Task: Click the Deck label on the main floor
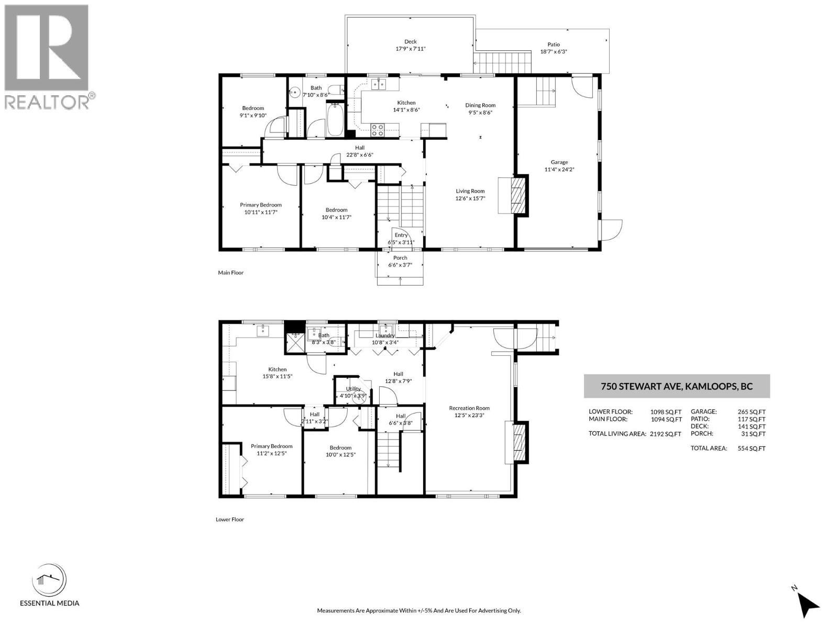(410, 42)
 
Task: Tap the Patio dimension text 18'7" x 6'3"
(554, 52)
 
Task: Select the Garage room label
(559, 162)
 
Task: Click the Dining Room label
(480, 105)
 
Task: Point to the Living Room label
(470, 191)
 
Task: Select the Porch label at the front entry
(400, 257)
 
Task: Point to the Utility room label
(353, 389)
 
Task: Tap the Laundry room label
(385, 336)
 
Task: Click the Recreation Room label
(469, 408)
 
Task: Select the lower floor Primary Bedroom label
(271, 446)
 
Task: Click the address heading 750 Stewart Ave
(676, 387)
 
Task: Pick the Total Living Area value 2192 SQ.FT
(665, 434)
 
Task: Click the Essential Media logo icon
(49, 580)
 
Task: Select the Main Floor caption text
(230, 273)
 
